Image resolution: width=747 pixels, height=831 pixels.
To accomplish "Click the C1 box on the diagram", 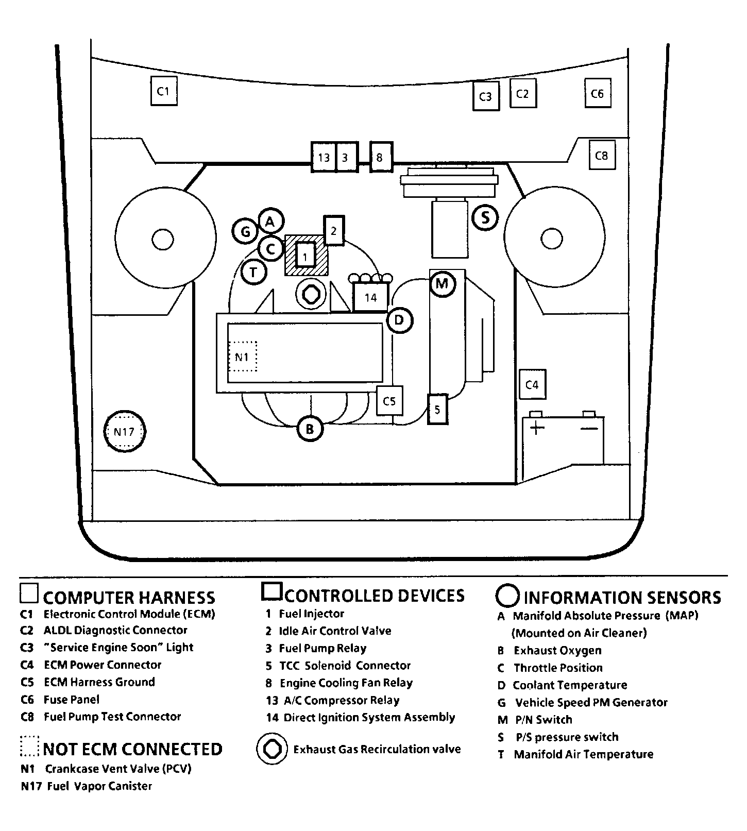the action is pyautogui.click(x=164, y=91).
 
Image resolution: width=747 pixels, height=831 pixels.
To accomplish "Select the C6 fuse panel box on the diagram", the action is pyautogui.click(x=598, y=93).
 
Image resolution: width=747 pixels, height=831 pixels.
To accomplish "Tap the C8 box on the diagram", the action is pyautogui.click(x=602, y=155).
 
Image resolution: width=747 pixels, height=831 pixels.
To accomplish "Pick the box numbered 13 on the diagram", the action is pyautogui.click(x=324, y=157).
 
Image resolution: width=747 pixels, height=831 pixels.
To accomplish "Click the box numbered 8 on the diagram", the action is pyautogui.click(x=381, y=157).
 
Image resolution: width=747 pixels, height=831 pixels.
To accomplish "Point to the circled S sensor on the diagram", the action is pyautogui.click(x=485, y=217).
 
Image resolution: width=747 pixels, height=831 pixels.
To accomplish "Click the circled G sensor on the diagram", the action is pyautogui.click(x=245, y=232).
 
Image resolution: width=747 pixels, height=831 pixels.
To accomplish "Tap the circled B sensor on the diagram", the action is pyautogui.click(x=310, y=429).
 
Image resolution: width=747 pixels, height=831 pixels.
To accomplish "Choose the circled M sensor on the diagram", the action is pyautogui.click(x=442, y=283).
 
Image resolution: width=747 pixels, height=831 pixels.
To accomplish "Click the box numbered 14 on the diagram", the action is pyautogui.click(x=370, y=297).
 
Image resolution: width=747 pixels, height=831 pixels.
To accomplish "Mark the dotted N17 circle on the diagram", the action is pyautogui.click(x=125, y=432).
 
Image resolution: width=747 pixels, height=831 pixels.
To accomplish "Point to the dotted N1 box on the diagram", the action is pyautogui.click(x=242, y=356).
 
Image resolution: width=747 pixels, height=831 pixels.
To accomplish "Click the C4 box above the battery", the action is pyautogui.click(x=532, y=385).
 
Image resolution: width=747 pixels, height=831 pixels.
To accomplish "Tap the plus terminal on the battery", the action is pyautogui.click(x=537, y=428).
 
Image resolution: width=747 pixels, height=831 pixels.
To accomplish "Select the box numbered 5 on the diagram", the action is pyautogui.click(x=438, y=409).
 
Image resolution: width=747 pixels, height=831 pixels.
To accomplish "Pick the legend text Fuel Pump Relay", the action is pyautogui.click(x=323, y=648).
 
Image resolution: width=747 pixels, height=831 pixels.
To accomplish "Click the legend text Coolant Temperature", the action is pyautogui.click(x=570, y=685).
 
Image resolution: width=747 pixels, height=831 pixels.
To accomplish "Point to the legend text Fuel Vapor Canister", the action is pyautogui.click(x=99, y=786).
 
